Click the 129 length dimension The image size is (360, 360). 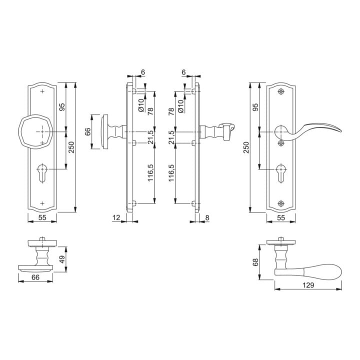[308, 285]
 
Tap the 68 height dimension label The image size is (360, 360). [255, 262]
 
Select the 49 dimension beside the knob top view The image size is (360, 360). [62, 259]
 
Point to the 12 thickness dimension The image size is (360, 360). [116, 217]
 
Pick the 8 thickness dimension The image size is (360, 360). [207, 217]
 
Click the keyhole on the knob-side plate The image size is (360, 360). [42, 173]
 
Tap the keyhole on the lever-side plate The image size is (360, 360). [281, 173]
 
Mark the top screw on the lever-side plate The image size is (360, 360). [281, 91]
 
